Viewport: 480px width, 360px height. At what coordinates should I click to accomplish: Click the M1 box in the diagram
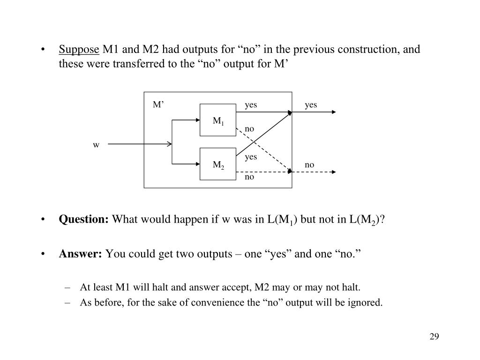pos(218,120)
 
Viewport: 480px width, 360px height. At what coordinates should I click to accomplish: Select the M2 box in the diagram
pos(218,164)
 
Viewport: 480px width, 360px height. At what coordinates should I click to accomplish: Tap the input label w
pos(96,145)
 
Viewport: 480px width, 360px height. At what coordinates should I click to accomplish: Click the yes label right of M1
pos(251,105)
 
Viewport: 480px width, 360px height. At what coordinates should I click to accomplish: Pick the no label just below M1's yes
pos(249,128)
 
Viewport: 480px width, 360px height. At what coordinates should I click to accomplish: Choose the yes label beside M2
pos(251,157)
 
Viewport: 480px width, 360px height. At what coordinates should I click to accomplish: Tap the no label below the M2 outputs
pos(249,177)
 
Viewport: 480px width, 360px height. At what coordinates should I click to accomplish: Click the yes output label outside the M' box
pos(311,105)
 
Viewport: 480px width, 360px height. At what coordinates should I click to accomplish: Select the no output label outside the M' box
pos(309,165)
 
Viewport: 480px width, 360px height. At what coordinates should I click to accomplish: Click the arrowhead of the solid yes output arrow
pos(333,112)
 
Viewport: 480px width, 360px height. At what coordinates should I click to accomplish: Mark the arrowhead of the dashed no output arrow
pos(333,172)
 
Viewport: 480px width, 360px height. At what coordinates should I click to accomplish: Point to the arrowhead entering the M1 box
pos(197,120)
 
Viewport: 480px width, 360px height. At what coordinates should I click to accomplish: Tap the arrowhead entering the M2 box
pos(197,164)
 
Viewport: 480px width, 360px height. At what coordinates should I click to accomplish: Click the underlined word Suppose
pos(79,50)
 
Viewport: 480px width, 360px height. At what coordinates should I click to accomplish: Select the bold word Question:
pos(83,220)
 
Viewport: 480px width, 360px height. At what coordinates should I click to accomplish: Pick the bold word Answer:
pos(80,254)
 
